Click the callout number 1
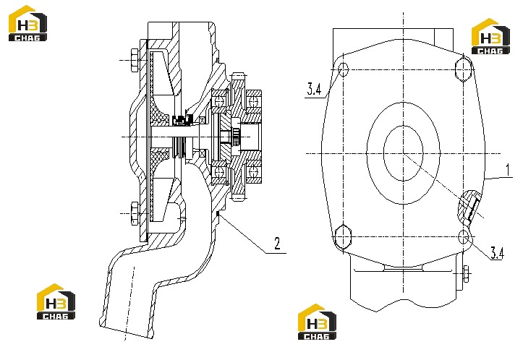click(x=508, y=170)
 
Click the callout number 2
click(x=277, y=244)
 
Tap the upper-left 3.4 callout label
click(x=314, y=90)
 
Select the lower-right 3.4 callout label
click(x=497, y=253)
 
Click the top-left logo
click(x=27, y=23)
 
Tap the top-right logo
click(x=490, y=36)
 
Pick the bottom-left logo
click(x=56, y=301)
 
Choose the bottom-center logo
click(x=318, y=322)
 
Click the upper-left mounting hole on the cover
click(x=343, y=69)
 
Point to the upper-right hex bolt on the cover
click(x=463, y=69)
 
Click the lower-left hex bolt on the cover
click(x=343, y=237)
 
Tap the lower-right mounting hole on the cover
click(x=464, y=237)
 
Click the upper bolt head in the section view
click(x=135, y=60)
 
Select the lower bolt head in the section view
click(x=135, y=213)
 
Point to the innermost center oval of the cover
click(x=403, y=154)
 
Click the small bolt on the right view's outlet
click(x=466, y=274)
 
